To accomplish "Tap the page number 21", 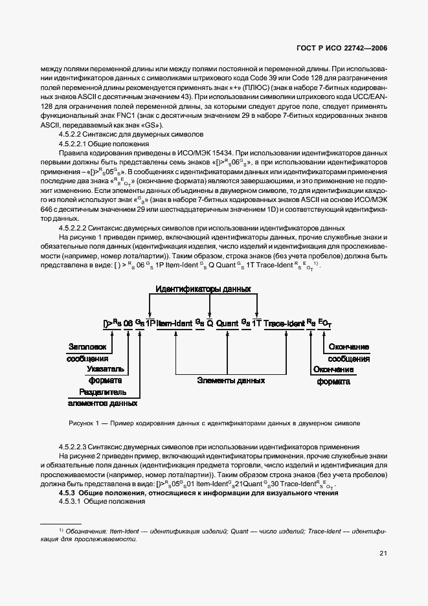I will tap(383, 552).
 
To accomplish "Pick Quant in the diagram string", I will tap(227, 321).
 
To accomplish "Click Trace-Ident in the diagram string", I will tap(283, 321).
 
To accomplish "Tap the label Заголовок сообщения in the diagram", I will tap(87, 352).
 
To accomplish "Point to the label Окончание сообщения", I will tap(348, 352).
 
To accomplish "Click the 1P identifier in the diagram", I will tap(150, 321).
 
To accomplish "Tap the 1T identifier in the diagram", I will tap(256, 321).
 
